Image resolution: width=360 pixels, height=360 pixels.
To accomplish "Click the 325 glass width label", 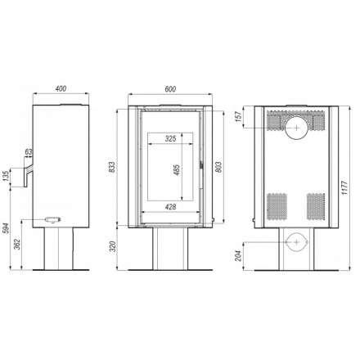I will [170, 139].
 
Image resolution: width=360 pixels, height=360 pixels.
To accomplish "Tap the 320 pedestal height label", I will [121, 246].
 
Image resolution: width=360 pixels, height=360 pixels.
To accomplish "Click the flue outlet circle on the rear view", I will [295, 124].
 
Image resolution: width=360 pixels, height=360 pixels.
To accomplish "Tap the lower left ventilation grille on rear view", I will [276, 203].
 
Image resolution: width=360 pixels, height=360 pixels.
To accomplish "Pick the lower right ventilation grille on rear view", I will [316, 203].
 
